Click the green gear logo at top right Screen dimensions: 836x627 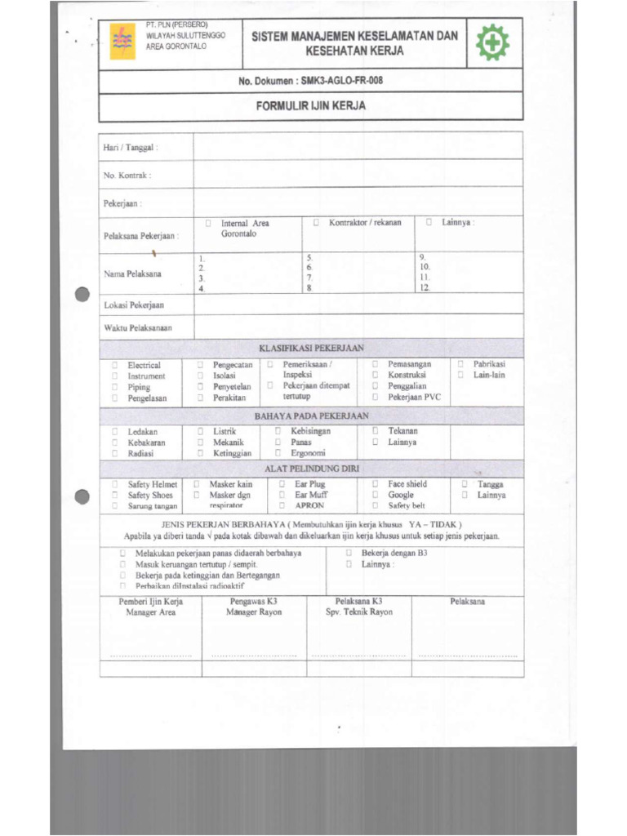(x=494, y=43)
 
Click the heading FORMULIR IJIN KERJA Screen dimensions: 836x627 (x=310, y=106)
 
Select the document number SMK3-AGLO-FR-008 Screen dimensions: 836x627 (x=341, y=80)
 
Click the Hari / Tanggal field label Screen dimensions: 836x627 (x=131, y=148)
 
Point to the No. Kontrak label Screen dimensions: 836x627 (x=127, y=176)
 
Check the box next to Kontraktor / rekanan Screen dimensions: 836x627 (x=316, y=222)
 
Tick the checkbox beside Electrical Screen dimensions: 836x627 (x=116, y=365)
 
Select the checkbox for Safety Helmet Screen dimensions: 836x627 (x=116, y=484)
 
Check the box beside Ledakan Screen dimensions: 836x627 (x=116, y=431)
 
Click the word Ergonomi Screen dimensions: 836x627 (x=308, y=453)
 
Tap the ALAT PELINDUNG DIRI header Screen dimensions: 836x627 (x=311, y=469)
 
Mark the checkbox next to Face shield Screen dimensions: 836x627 (x=376, y=484)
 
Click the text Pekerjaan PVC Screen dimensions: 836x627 (x=414, y=398)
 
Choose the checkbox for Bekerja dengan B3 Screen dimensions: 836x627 (x=349, y=553)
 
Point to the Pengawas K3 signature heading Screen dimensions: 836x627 (x=254, y=602)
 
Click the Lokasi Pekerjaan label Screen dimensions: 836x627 (x=134, y=305)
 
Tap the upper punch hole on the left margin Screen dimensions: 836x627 (x=81, y=296)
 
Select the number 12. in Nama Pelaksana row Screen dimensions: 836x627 (x=425, y=288)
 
